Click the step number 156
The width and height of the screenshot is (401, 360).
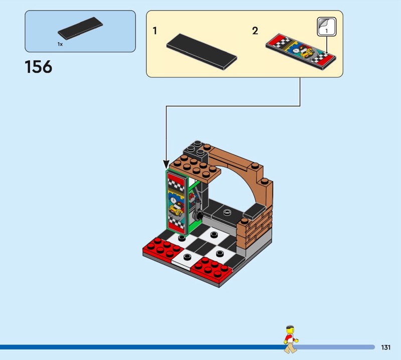[x=39, y=67]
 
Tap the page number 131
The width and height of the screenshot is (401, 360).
[x=385, y=347]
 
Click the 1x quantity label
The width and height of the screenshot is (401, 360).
[x=60, y=44]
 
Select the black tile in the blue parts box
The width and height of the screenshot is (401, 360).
[x=80, y=28]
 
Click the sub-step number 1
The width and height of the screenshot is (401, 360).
[x=155, y=31]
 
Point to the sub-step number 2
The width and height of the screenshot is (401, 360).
[x=255, y=31]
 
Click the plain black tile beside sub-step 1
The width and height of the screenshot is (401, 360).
[x=202, y=52]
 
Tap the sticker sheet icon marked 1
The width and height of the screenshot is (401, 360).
[x=327, y=27]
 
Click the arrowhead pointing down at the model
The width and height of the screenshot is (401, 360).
[x=166, y=164]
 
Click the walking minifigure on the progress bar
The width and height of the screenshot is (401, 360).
[x=291, y=339]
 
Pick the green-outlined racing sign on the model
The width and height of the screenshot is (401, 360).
[x=177, y=202]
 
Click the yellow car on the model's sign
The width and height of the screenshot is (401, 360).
[x=176, y=209]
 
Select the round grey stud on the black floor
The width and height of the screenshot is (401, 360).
[x=227, y=212]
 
